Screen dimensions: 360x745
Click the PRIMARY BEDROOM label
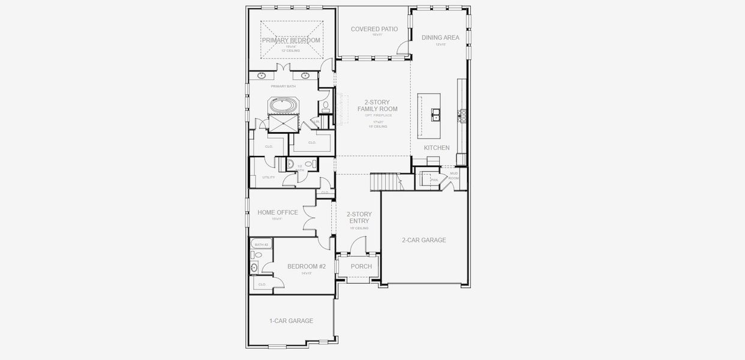pos(291,40)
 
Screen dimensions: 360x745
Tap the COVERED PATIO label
pos(374,29)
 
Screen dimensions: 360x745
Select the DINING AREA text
pos(440,37)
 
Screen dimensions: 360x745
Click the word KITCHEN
pos(437,148)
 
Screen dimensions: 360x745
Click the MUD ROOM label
pos(453,176)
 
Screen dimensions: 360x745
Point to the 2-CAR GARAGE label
pos(423,240)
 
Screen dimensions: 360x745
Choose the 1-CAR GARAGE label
pos(291,321)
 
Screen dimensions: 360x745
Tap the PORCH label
pos(361,266)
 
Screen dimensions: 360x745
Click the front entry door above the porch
pos(358,245)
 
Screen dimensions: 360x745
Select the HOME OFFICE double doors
pos(310,218)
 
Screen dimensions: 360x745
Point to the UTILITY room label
pos(269,178)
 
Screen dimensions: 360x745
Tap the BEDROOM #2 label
pos(306,266)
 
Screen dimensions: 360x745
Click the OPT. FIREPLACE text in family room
pos(378,115)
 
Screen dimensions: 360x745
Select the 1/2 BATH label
pos(300,168)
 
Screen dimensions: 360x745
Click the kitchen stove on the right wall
pos(462,115)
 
